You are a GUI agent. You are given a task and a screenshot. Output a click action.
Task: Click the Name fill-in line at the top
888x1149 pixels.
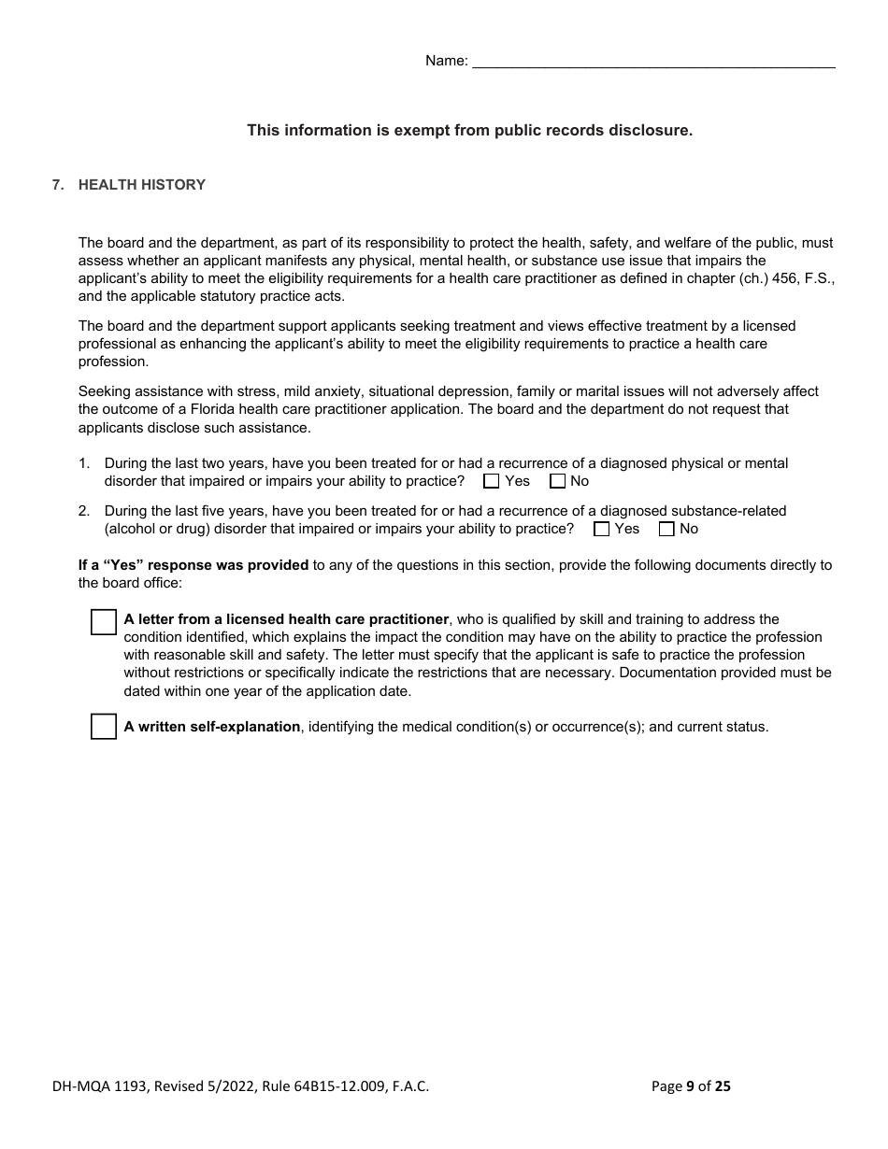(x=653, y=62)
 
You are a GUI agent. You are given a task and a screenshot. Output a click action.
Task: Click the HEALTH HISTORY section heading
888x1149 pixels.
(x=141, y=185)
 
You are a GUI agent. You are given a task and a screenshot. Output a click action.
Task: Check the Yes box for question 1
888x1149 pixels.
(x=492, y=481)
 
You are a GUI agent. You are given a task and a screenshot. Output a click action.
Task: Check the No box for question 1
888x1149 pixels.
(x=558, y=481)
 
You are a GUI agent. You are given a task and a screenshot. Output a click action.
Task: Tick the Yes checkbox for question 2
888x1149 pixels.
(x=602, y=529)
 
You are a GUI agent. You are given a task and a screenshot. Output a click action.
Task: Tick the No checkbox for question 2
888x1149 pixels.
(x=666, y=529)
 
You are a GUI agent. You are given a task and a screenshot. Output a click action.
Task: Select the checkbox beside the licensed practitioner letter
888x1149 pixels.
(x=104, y=622)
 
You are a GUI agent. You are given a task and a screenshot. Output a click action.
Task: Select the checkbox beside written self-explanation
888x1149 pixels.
(x=104, y=726)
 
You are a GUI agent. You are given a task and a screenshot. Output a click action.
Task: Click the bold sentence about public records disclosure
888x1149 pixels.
(x=469, y=131)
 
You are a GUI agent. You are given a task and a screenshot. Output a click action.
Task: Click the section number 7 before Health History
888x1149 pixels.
(x=58, y=185)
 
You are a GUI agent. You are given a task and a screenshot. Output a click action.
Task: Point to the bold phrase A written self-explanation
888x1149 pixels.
(x=212, y=727)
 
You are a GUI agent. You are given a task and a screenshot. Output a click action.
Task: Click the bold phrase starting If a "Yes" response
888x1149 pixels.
(x=193, y=565)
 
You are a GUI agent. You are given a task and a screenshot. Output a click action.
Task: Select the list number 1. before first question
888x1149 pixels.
(x=84, y=463)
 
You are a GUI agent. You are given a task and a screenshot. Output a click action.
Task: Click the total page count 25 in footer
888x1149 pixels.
(x=722, y=1085)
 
